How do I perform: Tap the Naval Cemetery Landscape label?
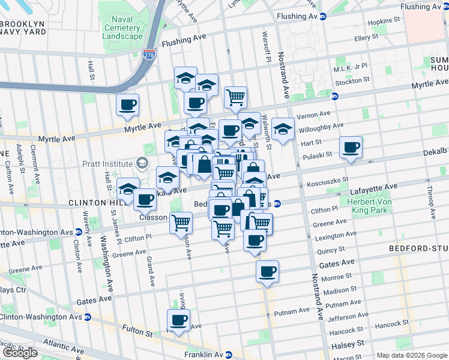122,27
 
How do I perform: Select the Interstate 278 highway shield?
149,55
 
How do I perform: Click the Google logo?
20,353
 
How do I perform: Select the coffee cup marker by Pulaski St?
351,148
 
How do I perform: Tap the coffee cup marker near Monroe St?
267,271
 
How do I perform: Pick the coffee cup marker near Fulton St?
178,320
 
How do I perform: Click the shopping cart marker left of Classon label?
181,223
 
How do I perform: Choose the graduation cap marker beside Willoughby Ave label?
283,128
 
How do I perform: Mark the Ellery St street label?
367,38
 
